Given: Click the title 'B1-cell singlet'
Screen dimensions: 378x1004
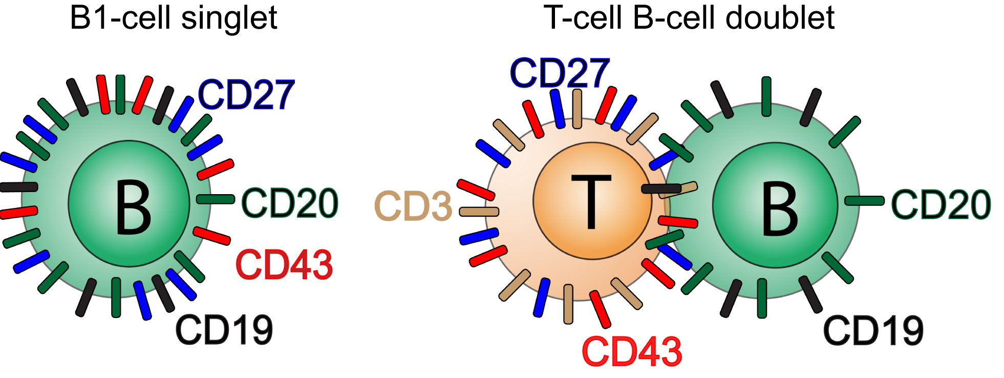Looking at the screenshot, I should (x=174, y=18).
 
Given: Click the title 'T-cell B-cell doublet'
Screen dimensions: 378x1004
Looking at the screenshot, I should (x=689, y=18).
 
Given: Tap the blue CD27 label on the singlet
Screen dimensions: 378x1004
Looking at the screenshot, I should (x=246, y=95).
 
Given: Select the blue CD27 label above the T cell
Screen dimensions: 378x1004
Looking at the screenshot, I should (x=560, y=73).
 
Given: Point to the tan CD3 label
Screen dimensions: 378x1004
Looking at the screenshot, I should (x=414, y=206).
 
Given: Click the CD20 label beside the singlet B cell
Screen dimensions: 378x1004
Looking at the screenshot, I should (x=290, y=203).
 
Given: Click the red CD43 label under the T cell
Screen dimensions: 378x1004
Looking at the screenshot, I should (x=632, y=351).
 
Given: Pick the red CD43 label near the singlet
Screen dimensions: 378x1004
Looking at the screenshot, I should (x=284, y=265).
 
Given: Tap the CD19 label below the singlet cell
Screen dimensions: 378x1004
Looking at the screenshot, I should (x=224, y=330).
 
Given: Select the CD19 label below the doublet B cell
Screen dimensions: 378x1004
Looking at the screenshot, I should (x=873, y=331).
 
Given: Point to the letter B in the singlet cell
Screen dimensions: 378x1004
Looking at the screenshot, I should (x=133, y=207).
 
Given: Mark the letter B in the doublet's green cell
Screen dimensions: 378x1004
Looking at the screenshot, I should (x=780, y=209).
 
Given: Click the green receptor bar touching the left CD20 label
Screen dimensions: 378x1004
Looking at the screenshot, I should (x=216, y=199).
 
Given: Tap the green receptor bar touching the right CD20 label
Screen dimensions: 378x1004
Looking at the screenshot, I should (x=864, y=201).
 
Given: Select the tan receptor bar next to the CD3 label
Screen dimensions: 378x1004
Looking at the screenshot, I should (x=479, y=212).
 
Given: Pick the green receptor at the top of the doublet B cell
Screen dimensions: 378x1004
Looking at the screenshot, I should (x=766, y=96).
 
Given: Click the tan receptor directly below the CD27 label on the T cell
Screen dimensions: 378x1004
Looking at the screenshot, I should (x=577, y=109).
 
